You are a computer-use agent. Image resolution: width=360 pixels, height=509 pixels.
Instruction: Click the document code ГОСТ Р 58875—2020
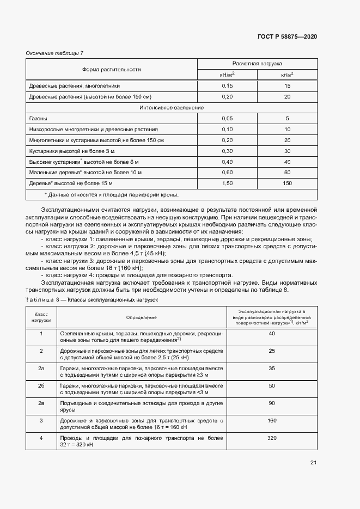tap(287, 36)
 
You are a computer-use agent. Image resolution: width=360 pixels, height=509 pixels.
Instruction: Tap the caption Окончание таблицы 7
tap(54, 53)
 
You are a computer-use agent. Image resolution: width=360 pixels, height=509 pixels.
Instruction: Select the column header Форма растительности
tap(112, 69)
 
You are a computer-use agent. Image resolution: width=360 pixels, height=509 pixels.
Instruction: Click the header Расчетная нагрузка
tap(257, 64)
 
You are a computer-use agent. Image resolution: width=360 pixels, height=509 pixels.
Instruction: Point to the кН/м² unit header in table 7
tap(227, 75)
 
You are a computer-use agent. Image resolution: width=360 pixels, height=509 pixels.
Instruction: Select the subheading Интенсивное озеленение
tap(172, 108)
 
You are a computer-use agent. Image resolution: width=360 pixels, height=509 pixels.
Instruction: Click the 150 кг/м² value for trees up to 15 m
tap(287, 183)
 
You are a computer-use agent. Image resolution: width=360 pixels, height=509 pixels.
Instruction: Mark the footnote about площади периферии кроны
tap(111, 195)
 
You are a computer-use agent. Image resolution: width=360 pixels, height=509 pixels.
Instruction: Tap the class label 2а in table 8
tap(41, 369)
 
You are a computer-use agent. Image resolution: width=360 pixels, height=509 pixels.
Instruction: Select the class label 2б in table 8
tap(41, 385)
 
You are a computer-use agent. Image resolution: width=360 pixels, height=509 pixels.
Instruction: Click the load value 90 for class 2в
tap(272, 403)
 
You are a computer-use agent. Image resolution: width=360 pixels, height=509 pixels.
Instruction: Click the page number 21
tap(313, 463)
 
